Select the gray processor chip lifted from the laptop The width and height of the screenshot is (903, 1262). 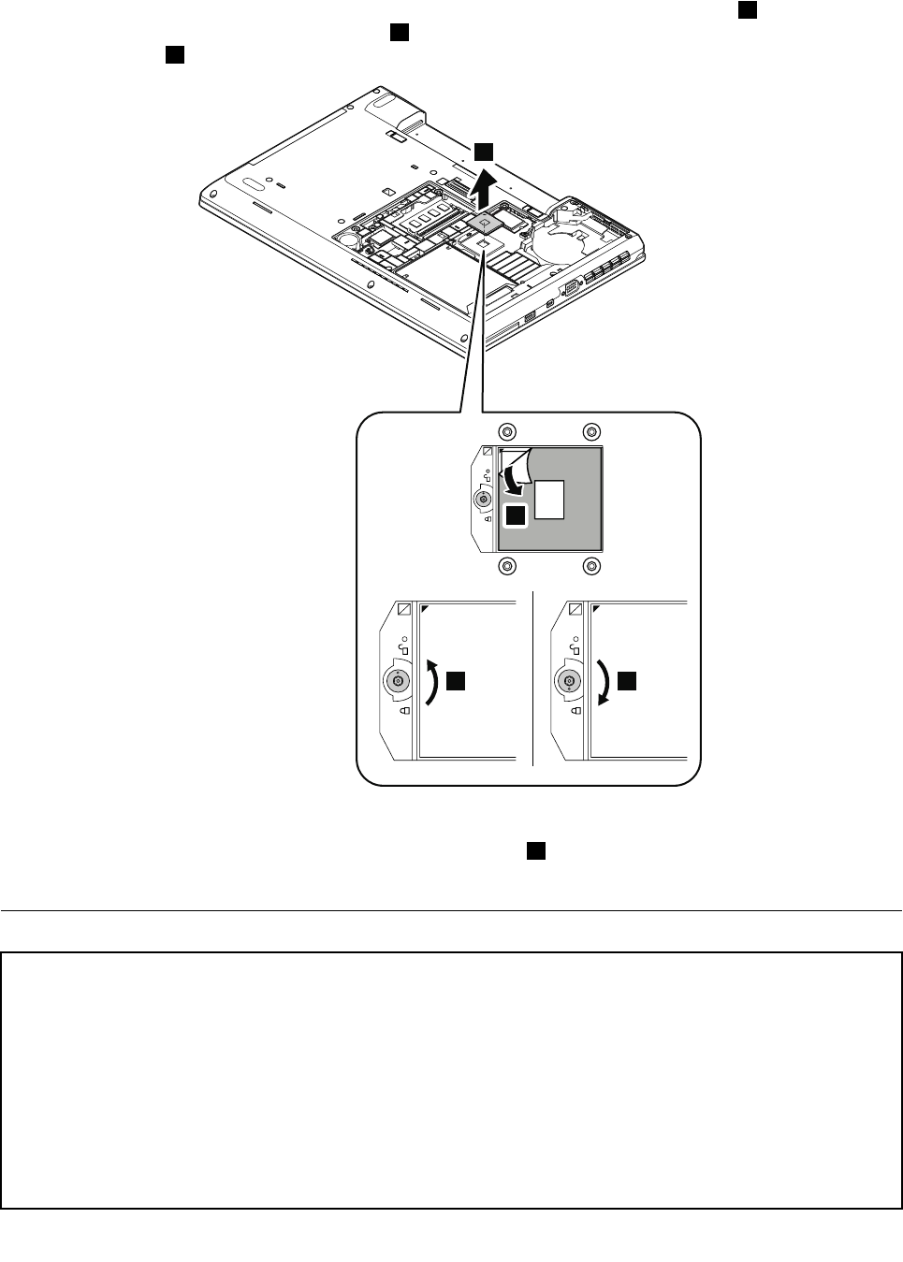[x=485, y=222]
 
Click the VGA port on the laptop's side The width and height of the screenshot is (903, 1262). [x=570, y=288]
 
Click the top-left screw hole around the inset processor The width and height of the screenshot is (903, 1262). [x=506, y=431]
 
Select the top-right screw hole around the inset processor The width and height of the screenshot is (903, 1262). [x=590, y=431]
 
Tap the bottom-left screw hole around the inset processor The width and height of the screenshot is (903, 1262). [x=506, y=565]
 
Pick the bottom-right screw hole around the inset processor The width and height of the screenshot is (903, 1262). [x=590, y=565]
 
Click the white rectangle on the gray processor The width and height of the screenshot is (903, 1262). [x=549, y=500]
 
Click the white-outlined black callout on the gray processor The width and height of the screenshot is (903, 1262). [x=515, y=516]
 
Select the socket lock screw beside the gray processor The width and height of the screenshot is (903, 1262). [x=484, y=500]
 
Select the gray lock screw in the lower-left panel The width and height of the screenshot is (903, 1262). [x=398, y=682]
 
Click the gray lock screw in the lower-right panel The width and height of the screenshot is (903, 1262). [x=568, y=682]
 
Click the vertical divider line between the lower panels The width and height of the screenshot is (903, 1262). [x=532, y=678]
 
